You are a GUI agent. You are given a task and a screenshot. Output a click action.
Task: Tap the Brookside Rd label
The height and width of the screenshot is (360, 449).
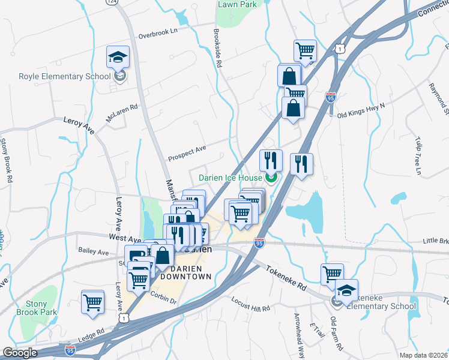point(218,47)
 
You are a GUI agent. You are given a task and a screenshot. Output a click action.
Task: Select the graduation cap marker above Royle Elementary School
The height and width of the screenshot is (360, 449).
point(118,58)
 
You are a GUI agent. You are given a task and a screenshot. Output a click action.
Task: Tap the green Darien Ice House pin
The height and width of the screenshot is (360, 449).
point(271,177)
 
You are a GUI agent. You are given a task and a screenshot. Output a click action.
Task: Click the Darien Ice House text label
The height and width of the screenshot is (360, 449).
point(231,178)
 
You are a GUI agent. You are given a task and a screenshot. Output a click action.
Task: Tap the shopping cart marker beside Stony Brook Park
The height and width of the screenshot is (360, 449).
point(93,301)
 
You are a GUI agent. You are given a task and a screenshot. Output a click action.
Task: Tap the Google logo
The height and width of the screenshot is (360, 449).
point(19,353)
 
